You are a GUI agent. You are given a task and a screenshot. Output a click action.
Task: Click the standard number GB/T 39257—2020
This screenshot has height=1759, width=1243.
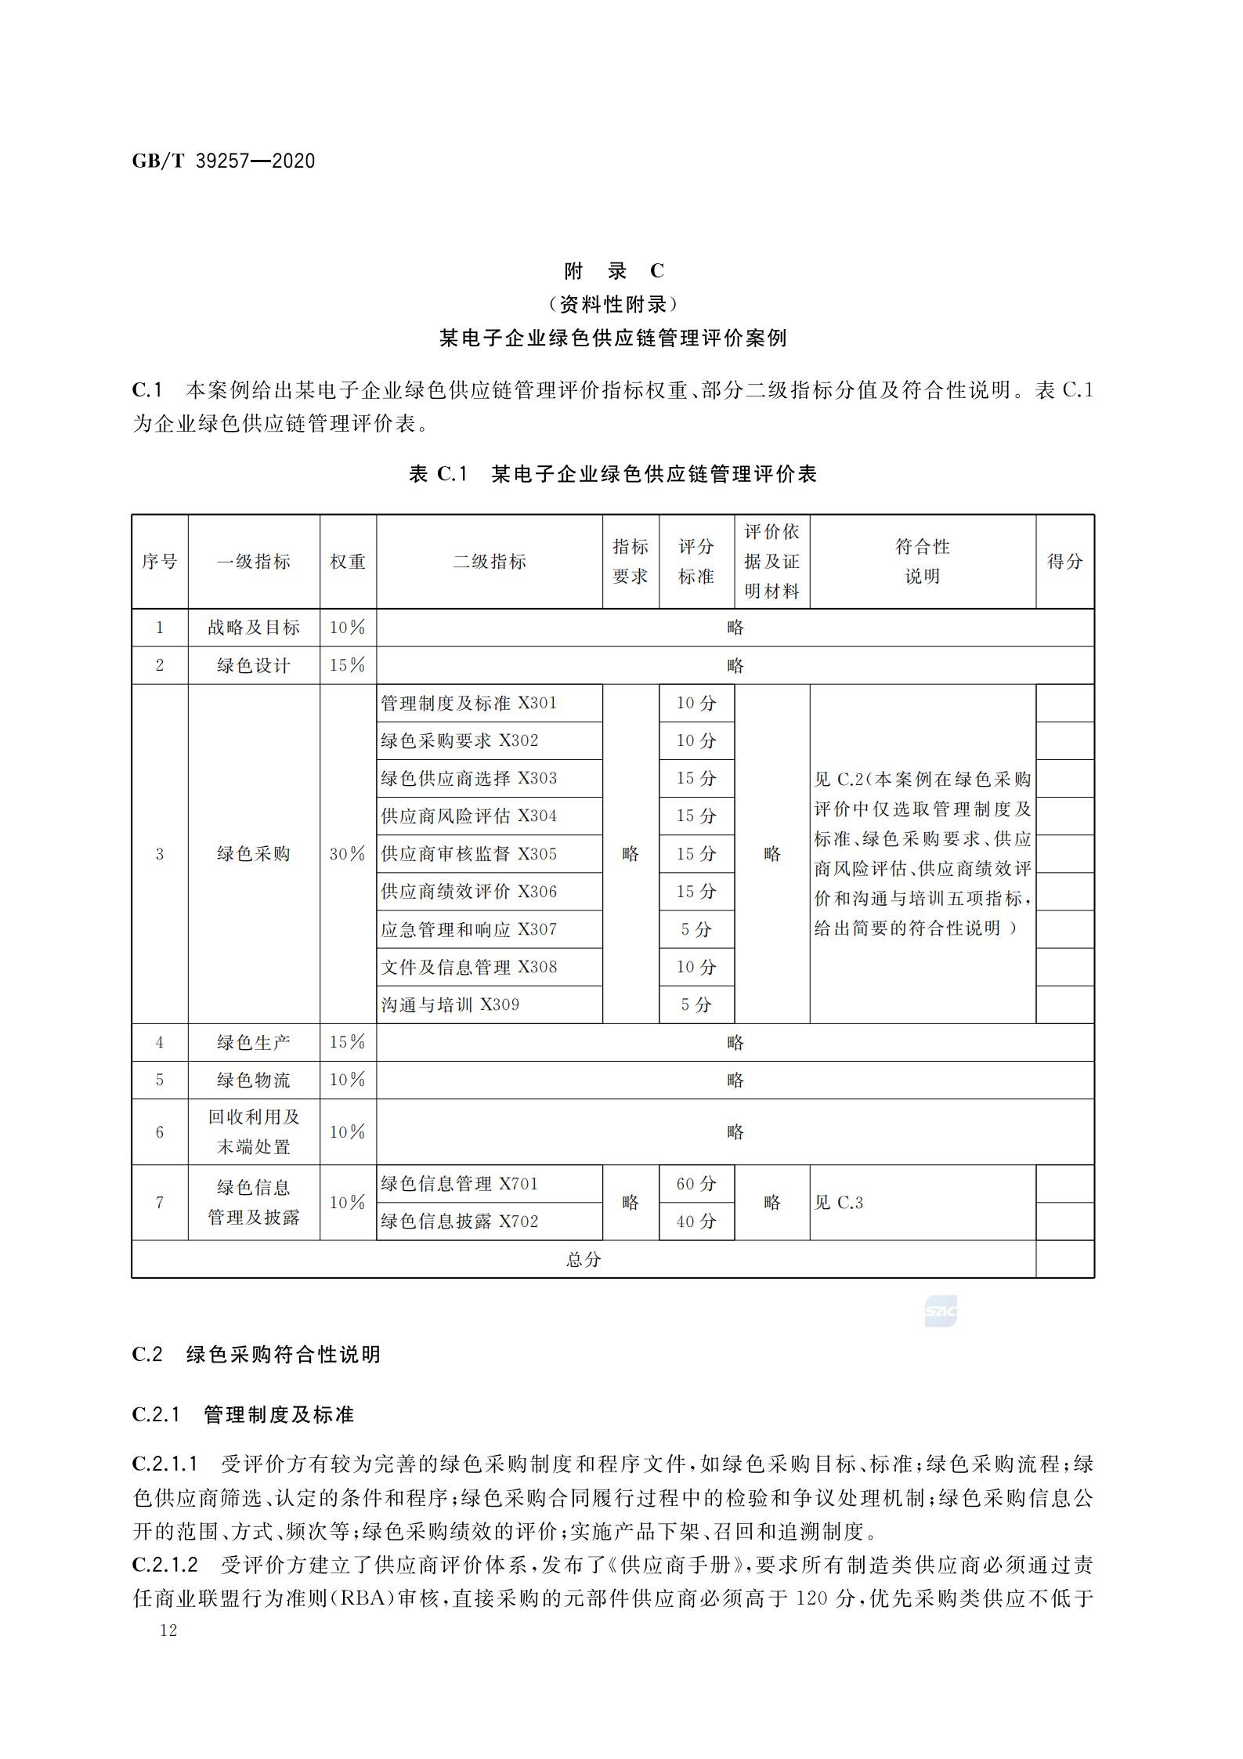coord(223,161)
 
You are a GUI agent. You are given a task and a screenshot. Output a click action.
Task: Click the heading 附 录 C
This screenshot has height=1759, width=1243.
coord(613,271)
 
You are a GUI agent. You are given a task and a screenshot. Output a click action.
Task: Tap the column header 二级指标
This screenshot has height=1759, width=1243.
coord(489,562)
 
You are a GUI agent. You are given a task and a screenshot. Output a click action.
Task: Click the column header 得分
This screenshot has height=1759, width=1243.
coord(1064,562)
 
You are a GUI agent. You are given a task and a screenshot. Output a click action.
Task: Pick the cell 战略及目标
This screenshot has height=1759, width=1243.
coord(254,628)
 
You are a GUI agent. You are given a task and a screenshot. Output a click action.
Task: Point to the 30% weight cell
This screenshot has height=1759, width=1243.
coord(347,854)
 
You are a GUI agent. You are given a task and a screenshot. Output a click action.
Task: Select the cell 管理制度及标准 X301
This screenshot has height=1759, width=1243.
coord(469,704)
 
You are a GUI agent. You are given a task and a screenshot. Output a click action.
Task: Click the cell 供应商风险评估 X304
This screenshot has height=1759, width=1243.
coord(469,816)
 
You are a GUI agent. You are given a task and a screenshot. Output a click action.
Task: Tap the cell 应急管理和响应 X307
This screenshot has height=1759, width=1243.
coord(469,930)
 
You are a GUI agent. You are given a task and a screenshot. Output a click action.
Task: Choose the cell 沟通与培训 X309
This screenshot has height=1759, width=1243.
coord(450,1005)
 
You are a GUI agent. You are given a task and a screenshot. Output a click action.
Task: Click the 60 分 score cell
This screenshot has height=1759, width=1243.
coord(696,1184)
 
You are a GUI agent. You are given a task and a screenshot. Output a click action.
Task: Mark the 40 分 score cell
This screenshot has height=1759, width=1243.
coord(696,1222)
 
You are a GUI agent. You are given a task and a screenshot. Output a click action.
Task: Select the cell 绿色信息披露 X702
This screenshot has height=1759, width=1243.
coord(460,1222)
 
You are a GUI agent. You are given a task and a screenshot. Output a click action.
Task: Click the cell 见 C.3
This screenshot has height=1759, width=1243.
coord(839,1203)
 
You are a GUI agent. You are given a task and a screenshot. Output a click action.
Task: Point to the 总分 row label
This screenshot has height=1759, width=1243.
coord(584,1260)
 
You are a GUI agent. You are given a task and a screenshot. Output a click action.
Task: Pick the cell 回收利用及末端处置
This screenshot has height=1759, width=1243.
coord(254,1132)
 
